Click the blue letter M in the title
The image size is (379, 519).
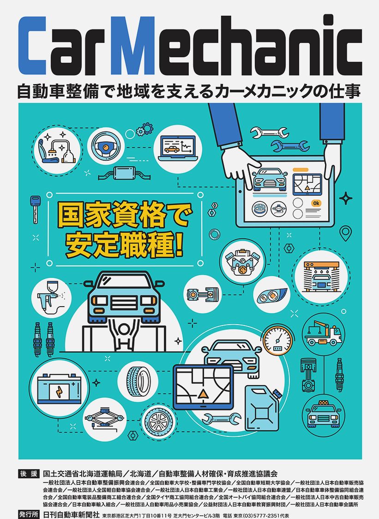[132, 46]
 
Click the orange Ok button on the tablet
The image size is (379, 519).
[316, 203]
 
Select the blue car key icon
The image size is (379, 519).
[35, 209]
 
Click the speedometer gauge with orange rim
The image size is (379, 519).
[278, 340]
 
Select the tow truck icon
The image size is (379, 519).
[323, 333]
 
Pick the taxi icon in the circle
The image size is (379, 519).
[323, 414]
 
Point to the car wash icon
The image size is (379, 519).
[321, 277]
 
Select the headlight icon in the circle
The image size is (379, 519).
[272, 295]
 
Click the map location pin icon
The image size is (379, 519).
[346, 233]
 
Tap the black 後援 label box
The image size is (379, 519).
[29, 474]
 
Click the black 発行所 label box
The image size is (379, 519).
[29, 514]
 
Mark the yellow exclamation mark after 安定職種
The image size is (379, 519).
[179, 245]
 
